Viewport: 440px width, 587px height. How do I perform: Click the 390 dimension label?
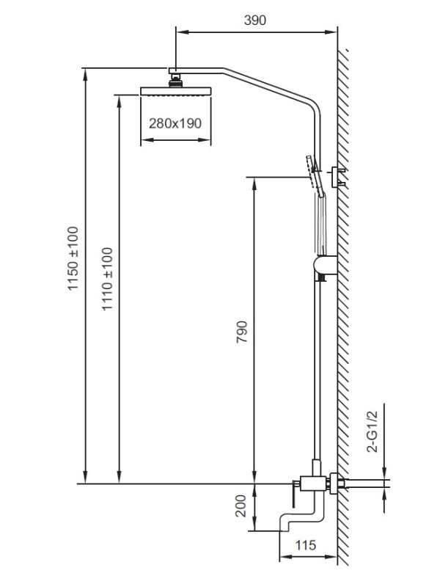(254, 21)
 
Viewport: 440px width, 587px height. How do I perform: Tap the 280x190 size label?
(175, 123)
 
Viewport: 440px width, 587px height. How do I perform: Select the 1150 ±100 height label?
(73, 258)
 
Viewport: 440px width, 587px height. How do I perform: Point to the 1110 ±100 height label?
(107, 279)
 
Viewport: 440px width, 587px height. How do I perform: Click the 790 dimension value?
(242, 332)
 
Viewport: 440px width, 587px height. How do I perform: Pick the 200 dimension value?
(241, 506)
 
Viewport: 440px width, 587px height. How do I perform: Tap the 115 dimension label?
(305, 545)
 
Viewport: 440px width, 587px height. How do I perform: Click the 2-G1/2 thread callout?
(373, 431)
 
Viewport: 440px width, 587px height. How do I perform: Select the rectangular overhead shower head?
(176, 91)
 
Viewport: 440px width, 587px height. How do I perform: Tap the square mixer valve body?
(314, 484)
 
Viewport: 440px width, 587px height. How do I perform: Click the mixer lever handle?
(294, 493)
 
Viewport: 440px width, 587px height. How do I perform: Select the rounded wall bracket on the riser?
(325, 265)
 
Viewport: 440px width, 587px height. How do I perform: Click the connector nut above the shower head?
(176, 81)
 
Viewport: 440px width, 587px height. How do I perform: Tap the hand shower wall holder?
(337, 177)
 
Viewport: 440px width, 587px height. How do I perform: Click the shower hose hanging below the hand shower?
(321, 225)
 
